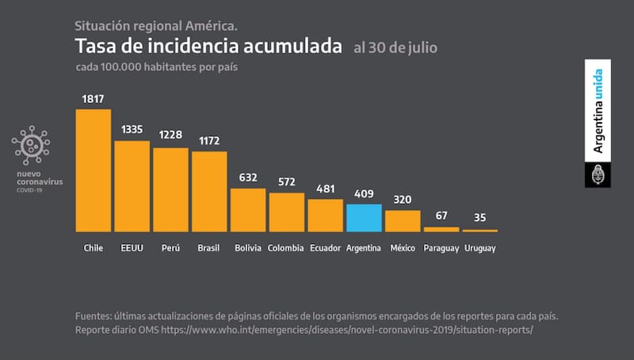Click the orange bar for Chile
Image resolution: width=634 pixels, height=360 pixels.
coord(93,170)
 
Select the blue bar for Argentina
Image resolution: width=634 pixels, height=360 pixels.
coord(364,217)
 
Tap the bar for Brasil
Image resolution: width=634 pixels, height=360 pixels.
coord(209,191)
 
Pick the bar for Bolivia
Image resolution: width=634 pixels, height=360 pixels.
coord(248,209)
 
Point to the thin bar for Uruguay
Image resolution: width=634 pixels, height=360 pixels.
coord(480,230)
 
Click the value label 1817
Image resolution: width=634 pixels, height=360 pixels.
coord(93,99)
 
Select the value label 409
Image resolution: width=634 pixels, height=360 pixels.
coord(364,194)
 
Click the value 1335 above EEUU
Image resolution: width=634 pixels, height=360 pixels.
coord(132,130)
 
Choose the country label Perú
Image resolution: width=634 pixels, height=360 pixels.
coord(170,248)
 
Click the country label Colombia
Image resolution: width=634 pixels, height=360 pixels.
coord(286,248)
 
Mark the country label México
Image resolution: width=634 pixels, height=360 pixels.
coord(403,248)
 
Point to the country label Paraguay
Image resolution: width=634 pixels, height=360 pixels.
coord(441,248)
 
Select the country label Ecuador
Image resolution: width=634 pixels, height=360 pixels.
coord(325,248)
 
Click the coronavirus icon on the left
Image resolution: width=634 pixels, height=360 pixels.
coord(31,145)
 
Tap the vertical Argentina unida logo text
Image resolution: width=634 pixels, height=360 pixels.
coord(599,112)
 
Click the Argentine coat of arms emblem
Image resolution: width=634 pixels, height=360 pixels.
coord(598,175)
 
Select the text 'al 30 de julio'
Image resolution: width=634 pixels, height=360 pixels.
coord(395,48)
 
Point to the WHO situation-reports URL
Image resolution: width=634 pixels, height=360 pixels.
coord(347,329)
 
